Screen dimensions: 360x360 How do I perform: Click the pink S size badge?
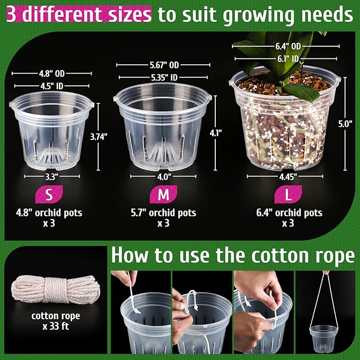pos(49,195)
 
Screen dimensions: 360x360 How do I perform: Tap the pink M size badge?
pos(163,195)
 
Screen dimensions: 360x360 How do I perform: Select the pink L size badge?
pos(288,195)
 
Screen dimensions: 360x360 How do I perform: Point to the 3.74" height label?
pos(99,136)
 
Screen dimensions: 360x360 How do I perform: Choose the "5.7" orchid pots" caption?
pos(163,213)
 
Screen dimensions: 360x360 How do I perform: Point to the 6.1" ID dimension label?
pos(286,58)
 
